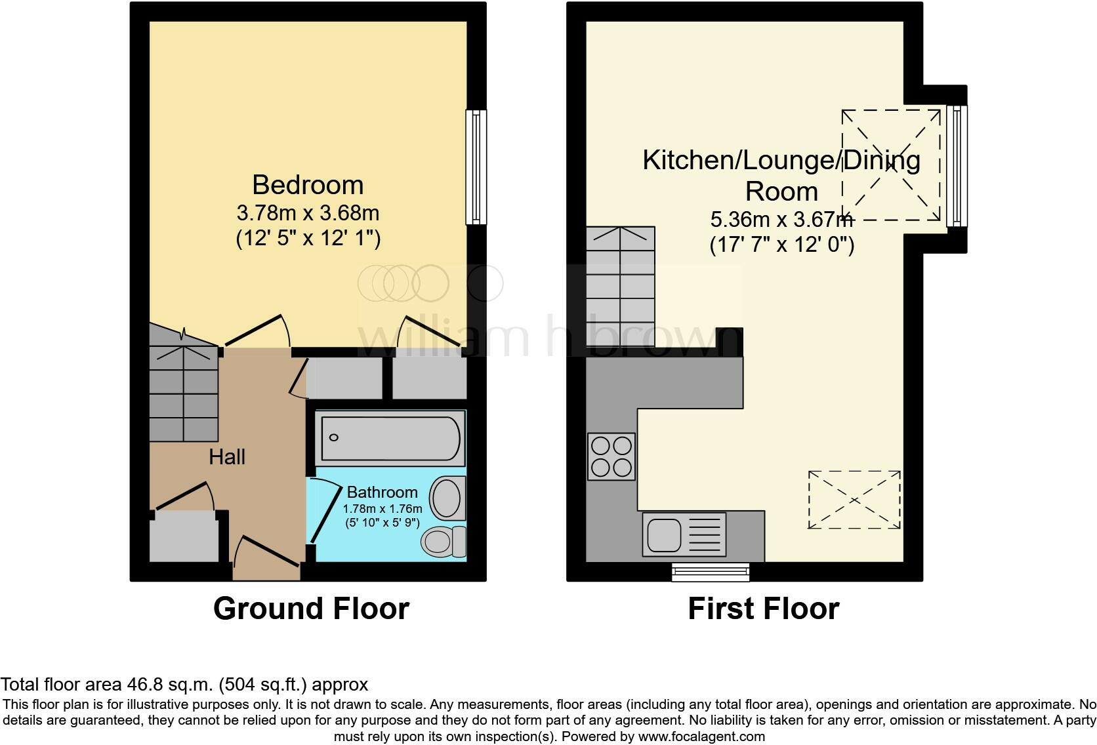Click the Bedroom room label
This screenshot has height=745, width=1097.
click(308, 185)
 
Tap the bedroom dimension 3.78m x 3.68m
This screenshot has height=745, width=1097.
click(308, 213)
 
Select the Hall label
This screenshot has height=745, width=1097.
click(227, 457)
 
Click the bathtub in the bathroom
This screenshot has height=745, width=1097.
click(390, 437)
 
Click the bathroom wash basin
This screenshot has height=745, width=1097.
click(448, 498)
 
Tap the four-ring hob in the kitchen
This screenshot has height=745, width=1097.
click(611, 456)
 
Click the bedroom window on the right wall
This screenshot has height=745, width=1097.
click(476, 167)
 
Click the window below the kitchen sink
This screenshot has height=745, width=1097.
click(711, 572)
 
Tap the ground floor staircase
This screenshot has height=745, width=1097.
click(184, 393)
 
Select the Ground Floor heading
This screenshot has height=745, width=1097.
click(311, 609)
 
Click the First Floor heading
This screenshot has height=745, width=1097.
click(763, 609)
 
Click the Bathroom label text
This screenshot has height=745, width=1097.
click(382, 493)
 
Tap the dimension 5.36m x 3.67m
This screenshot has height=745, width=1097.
click(781, 219)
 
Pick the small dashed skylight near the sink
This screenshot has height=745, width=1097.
click(854, 499)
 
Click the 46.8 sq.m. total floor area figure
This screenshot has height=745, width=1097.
click(169, 685)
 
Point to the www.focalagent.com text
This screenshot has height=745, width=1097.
click(701, 736)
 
